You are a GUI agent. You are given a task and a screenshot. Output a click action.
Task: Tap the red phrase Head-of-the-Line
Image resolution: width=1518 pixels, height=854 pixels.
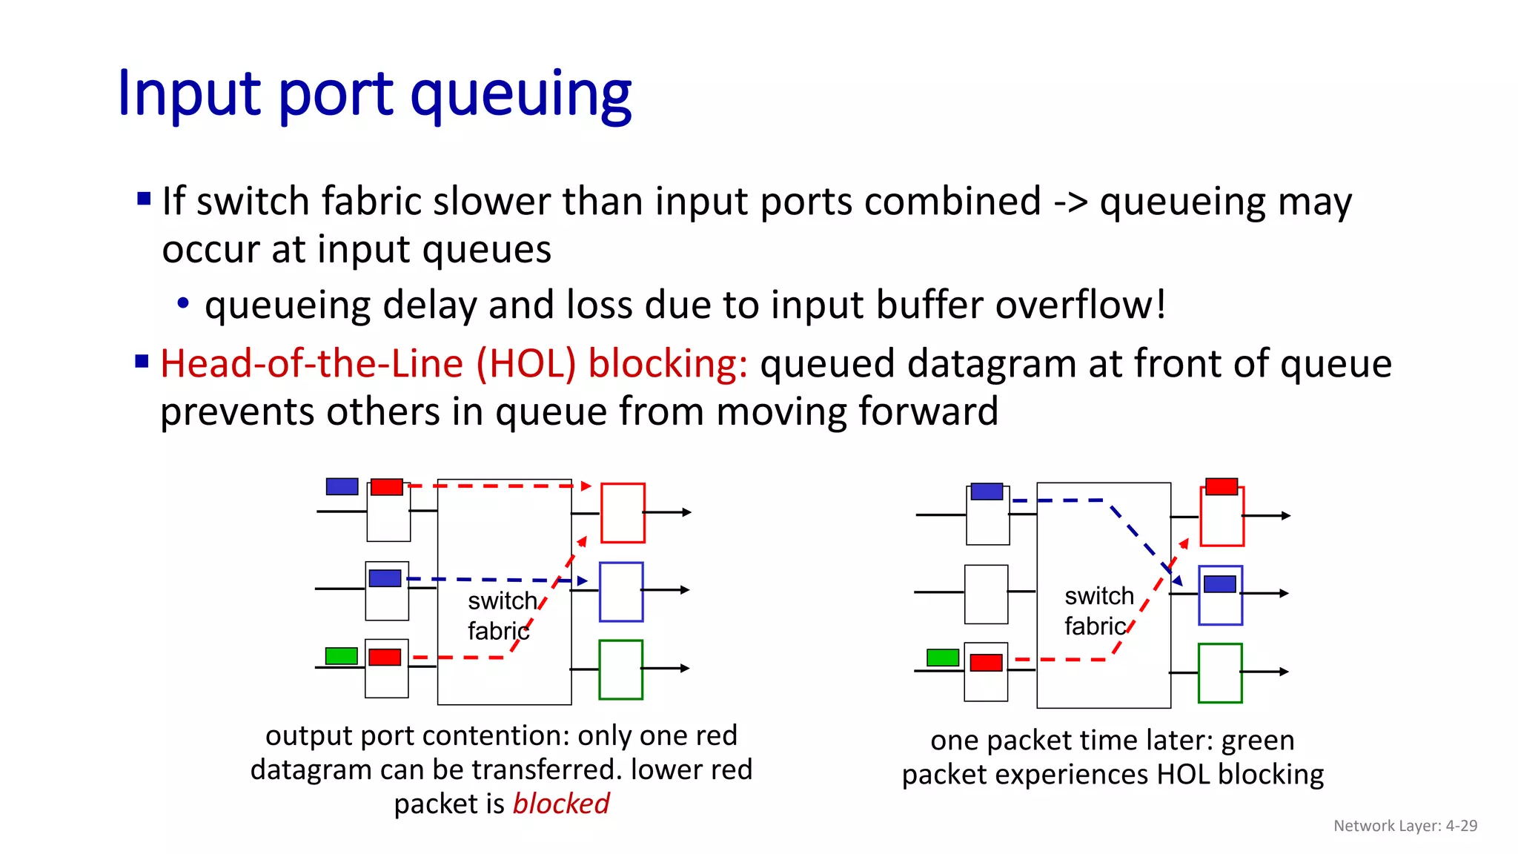pyautogui.click(x=311, y=364)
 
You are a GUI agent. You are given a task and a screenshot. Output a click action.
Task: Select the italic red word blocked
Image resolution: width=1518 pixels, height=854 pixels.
pyautogui.click(x=560, y=804)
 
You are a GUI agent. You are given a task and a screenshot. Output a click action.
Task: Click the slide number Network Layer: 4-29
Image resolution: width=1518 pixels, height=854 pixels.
pyautogui.click(x=1405, y=826)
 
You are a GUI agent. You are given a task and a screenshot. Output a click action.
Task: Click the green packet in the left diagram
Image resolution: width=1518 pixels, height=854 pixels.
pyautogui.click(x=341, y=656)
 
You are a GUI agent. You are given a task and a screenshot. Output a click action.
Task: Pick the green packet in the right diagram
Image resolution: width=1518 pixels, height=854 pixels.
pyautogui.click(x=942, y=658)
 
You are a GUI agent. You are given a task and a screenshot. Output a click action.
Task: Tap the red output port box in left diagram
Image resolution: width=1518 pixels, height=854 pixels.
pyautogui.click(x=622, y=513)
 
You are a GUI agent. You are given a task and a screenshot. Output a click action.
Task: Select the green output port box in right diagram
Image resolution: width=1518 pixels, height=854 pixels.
pyautogui.click(x=1219, y=673)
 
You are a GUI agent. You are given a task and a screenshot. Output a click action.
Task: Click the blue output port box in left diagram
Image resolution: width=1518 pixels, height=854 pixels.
pyautogui.click(x=620, y=592)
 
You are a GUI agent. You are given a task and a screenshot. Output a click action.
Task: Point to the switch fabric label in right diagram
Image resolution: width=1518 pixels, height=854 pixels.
pyautogui.click(x=1098, y=611)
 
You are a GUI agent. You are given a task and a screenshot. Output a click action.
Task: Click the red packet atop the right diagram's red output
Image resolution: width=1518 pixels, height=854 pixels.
pyautogui.click(x=1221, y=486)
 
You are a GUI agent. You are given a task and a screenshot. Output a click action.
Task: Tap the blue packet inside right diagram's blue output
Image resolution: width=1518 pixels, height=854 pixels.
pyautogui.click(x=1219, y=584)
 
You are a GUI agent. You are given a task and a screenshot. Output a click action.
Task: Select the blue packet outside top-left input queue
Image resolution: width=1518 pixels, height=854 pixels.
pyautogui.click(x=342, y=486)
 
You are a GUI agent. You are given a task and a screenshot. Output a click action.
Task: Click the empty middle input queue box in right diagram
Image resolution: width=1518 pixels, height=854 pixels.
pyautogui.click(x=986, y=595)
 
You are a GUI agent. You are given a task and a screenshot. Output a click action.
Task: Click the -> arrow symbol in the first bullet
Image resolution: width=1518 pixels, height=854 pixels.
pyautogui.click(x=1070, y=202)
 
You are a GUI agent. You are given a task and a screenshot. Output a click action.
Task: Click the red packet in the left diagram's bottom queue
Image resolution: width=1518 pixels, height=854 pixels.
pyautogui.click(x=385, y=657)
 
